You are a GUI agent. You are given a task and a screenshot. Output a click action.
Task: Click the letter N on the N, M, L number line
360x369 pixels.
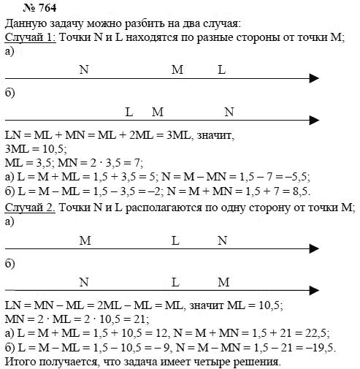[x=83, y=69]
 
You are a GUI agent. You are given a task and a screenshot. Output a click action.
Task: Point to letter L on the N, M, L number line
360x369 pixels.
[x=222, y=69]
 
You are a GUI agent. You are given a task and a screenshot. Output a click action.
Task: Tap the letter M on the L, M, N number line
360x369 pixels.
[x=158, y=113]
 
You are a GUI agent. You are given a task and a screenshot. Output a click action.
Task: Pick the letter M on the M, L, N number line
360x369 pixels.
[x=84, y=240]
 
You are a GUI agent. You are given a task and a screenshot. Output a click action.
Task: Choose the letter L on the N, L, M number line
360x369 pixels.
[x=175, y=282]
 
